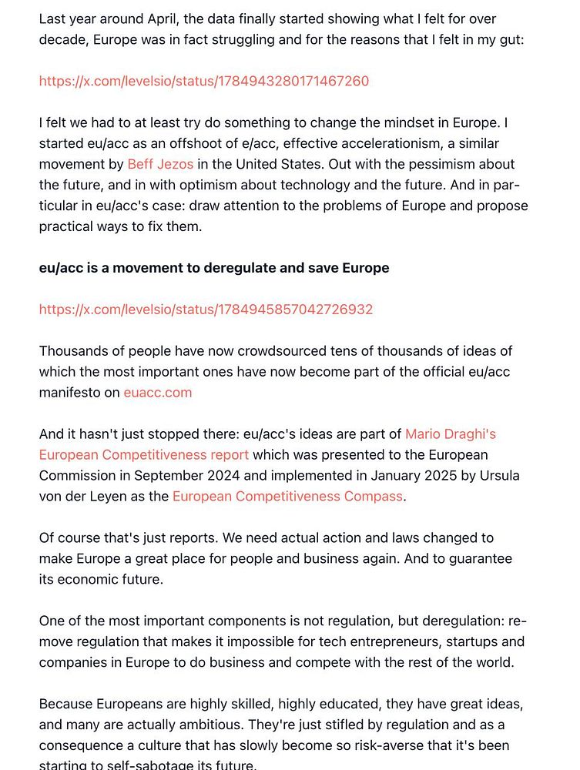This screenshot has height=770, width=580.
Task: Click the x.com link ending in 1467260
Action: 204,81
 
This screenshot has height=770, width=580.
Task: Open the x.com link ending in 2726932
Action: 206,310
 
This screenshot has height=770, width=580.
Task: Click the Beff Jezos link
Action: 160,164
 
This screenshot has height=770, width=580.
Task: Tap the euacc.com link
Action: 158,393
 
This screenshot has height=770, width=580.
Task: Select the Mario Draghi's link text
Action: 451,434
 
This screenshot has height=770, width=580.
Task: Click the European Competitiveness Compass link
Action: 287,497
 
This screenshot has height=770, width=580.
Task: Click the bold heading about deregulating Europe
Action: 214,268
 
